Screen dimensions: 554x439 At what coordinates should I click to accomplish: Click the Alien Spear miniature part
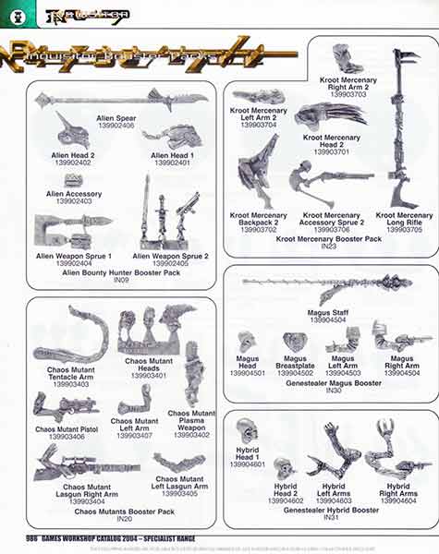120,99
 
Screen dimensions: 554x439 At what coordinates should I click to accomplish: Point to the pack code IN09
121,281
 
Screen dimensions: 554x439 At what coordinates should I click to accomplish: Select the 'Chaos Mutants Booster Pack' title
125,511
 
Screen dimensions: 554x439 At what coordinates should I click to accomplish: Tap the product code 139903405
179,494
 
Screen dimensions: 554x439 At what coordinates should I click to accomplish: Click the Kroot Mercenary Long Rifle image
405,129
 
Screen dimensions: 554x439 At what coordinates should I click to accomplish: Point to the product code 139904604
399,500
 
